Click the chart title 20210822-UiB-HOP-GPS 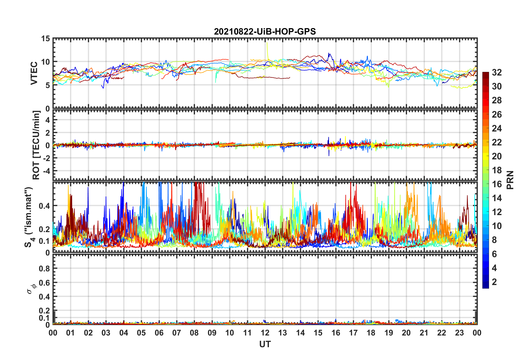[265, 31]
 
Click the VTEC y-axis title [34, 73]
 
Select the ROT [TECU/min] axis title [36, 145]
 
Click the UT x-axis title [265, 344]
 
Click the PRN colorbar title [510, 180]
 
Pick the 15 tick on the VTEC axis [45, 39]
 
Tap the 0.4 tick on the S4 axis [44, 206]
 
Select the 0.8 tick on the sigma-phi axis [44, 269]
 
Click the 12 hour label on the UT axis [265, 333]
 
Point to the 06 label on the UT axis [159, 333]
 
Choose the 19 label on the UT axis [388, 333]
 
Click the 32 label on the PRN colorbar [497, 72]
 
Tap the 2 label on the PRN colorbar [494, 282]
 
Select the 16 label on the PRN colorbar [497, 184]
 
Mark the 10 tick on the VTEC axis [45, 62]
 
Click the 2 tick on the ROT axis [48, 133]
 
